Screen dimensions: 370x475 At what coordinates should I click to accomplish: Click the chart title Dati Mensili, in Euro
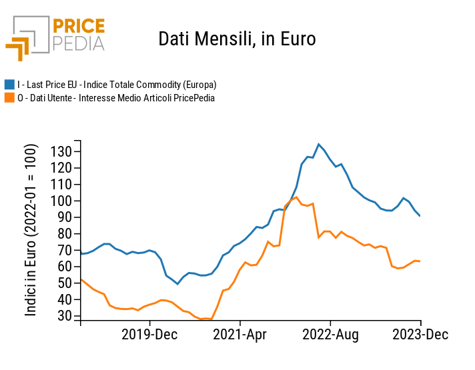(237, 39)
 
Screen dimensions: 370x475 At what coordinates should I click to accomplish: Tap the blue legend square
(10, 85)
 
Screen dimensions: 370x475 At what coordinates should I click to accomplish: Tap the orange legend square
(10, 98)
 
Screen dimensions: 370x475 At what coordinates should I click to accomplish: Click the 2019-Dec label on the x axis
(149, 334)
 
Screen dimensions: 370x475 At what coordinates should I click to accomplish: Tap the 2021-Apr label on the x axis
(240, 334)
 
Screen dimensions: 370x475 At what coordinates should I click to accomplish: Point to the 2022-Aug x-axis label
(331, 334)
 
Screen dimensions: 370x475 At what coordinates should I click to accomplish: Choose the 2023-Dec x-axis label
(420, 334)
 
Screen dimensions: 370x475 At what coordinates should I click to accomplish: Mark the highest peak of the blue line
(318, 144)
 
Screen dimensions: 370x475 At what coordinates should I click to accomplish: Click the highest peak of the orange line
(296, 197)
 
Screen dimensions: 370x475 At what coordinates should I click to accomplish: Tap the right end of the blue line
(420, 215)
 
